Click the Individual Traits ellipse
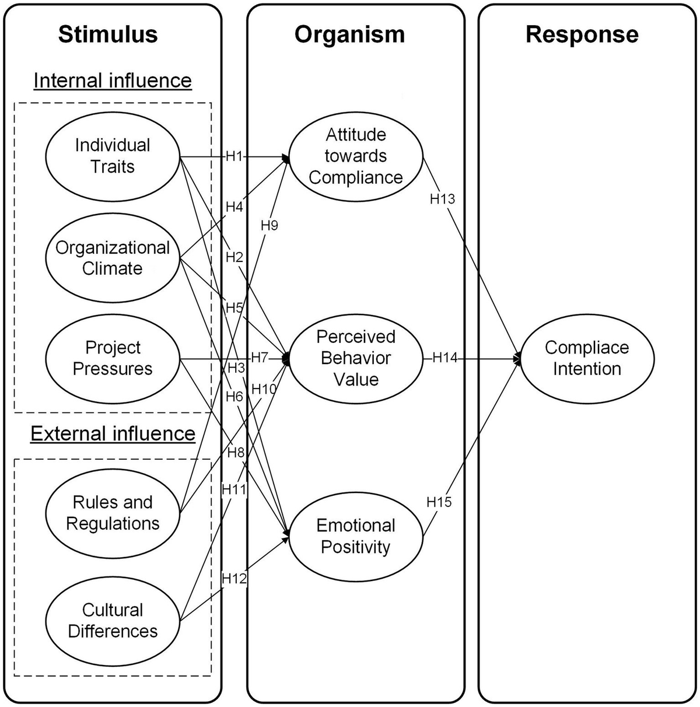pyautogui.click(x=113, y=156)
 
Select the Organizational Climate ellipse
pyautogui.click(x=113, y=258)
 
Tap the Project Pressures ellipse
pyautogui.click(x=113, y=358)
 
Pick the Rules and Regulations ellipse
pyautogui.click(x=113, y=513)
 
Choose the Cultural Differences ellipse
pyautogui.click(x=113, y=621)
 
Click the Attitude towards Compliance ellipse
pyautogui.click(x=355, y=156)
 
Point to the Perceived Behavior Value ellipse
pyautogui.click(x=355, y=358)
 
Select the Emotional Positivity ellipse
pyautogui.click(x=355, y=536)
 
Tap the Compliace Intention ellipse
pyautogui.click(x=586, y=358)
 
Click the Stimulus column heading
pyautogui.click(x=108, y=34)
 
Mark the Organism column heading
pyautogui.click(x=349, y=34)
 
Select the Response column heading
pyautogui.click(x=582, y=34)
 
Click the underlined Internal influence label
pyautogui.click(x=113, y=80)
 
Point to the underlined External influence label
pyautogui.click(x=113, y=433)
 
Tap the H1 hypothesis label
pyautogui.click(x=234, y=156)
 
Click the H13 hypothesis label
pyautogui.click(x=442, y=199)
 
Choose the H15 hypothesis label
pyautogui.click(x=439, y=502)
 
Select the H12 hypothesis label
pyautogui.click(x=234, y=579)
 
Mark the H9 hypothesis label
pyautogui.click(x=269, y=225)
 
